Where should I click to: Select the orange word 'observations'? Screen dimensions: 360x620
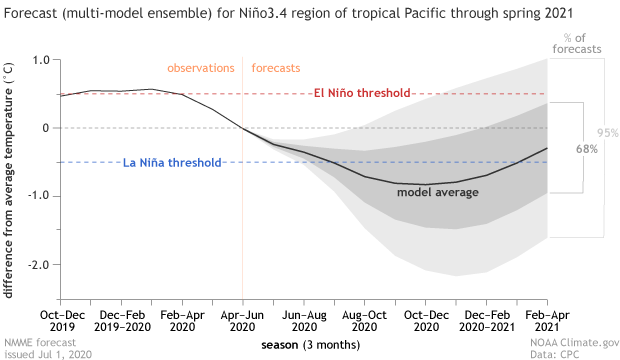click(200, 68)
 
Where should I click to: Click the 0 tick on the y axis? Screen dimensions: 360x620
click(46, 128)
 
